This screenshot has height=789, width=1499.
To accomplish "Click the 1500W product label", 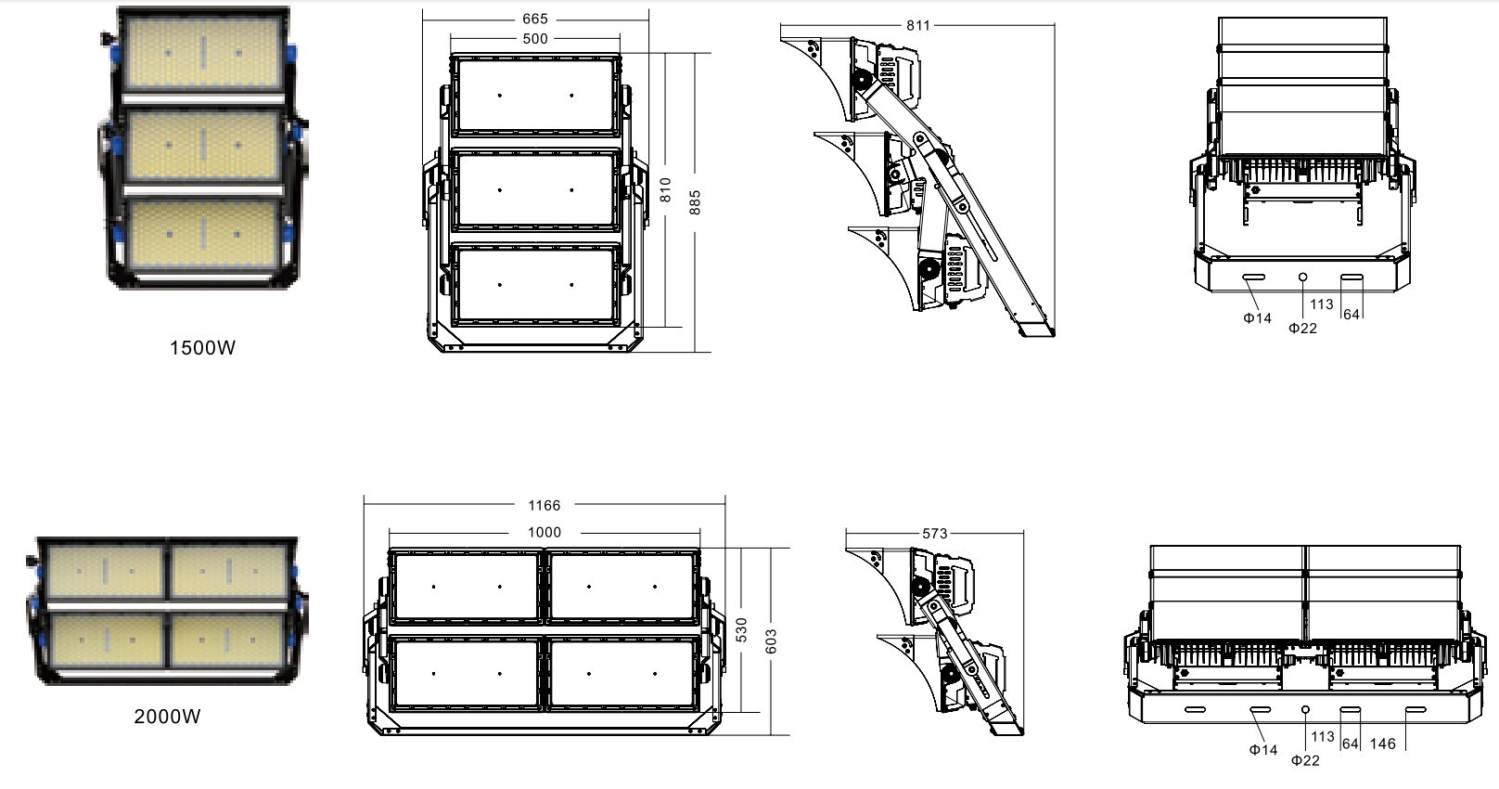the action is [x=203, y=347].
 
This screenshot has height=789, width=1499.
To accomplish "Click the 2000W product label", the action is [x=167, y=716].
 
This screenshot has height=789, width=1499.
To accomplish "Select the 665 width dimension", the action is [x=535, y=19].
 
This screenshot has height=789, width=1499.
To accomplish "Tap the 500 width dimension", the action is [x=535, y=39].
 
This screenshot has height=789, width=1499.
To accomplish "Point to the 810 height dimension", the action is [x=665, y=190].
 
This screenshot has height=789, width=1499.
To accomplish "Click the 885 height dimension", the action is [x=695, y=203].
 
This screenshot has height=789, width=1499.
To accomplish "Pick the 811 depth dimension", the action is [x=918, y=25].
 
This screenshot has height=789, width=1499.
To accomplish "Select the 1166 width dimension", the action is [x=545, y=505].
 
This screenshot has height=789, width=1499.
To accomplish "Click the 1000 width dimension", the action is [x=545, y=533].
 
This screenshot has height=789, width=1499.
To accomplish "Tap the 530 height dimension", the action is [x=741, y=630].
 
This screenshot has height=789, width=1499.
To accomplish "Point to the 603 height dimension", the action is [x=771, y=641].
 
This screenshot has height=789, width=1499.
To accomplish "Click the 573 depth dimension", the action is [x=935, y=534].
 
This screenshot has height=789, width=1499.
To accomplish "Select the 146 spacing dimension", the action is [x=1382, y=744].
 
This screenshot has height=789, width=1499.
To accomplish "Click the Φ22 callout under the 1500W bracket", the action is [x=1303, y=329].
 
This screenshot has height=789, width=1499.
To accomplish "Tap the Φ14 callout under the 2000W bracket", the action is [x=1263, y=750].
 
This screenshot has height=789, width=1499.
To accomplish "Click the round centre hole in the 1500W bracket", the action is [x=1303, y=277].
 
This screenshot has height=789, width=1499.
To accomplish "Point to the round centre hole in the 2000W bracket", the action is [x=1306, y=709].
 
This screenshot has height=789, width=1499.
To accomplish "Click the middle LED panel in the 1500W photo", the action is [x=203, y=145].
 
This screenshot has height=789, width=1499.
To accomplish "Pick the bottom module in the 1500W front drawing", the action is [x=535, y=285].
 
